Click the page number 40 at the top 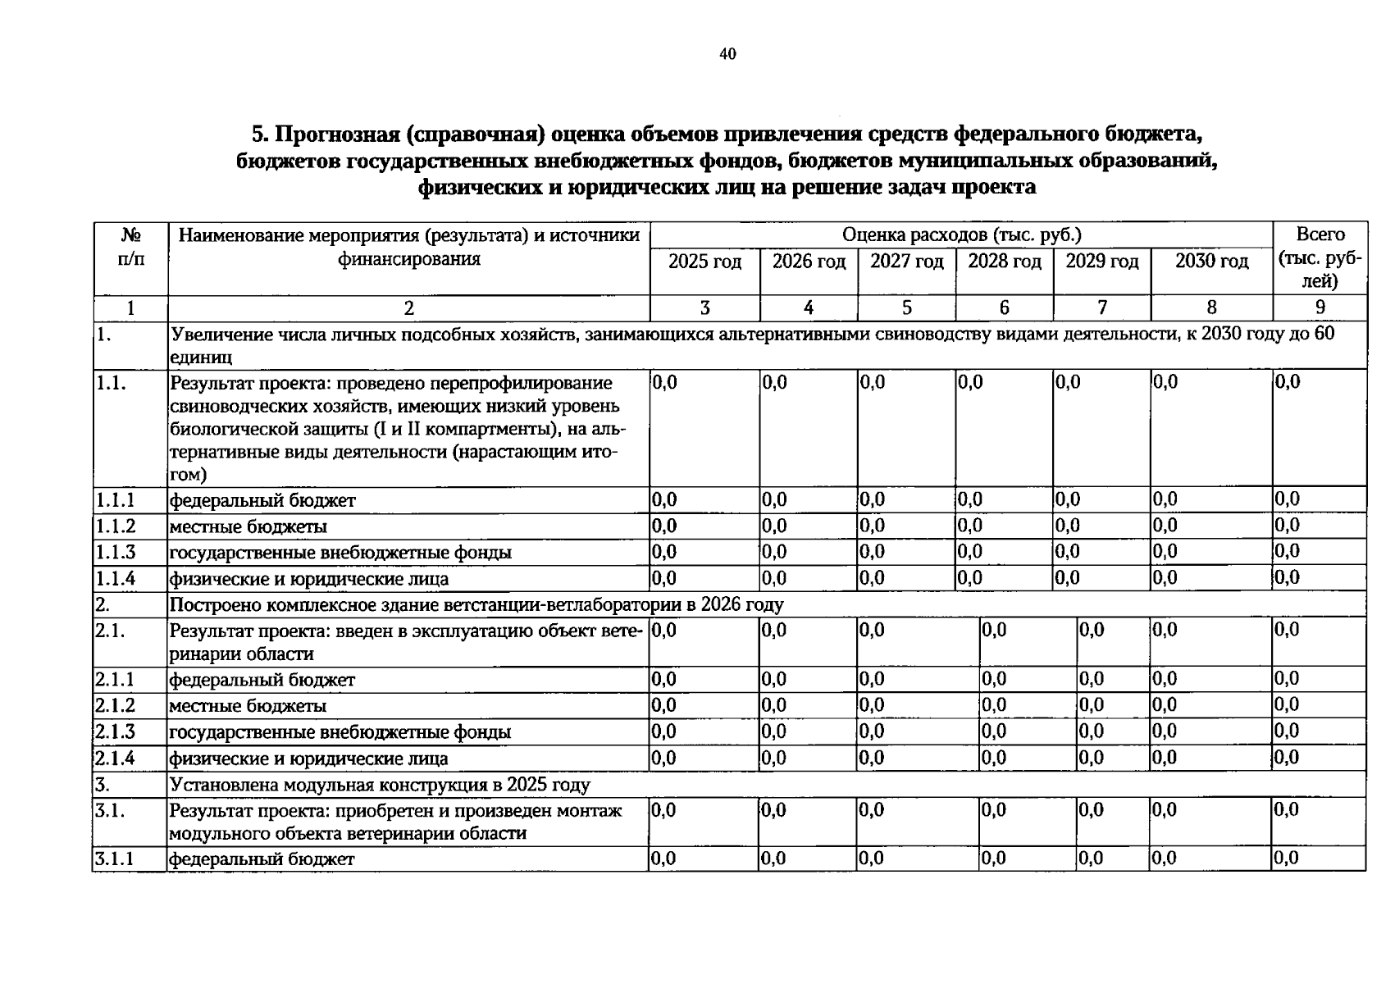727,54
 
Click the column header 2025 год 704,262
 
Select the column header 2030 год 1211,262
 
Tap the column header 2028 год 1004,262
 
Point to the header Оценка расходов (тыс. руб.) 961,235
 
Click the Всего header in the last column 1320,235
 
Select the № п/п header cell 130,247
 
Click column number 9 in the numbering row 1320,308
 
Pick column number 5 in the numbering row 906,308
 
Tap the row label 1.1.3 116,553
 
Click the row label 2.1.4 115,758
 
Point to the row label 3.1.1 115,859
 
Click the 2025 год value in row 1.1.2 664,526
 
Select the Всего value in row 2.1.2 1287,705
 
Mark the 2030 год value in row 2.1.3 1164,731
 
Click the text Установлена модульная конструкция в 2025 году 379,785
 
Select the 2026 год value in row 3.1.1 773,859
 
